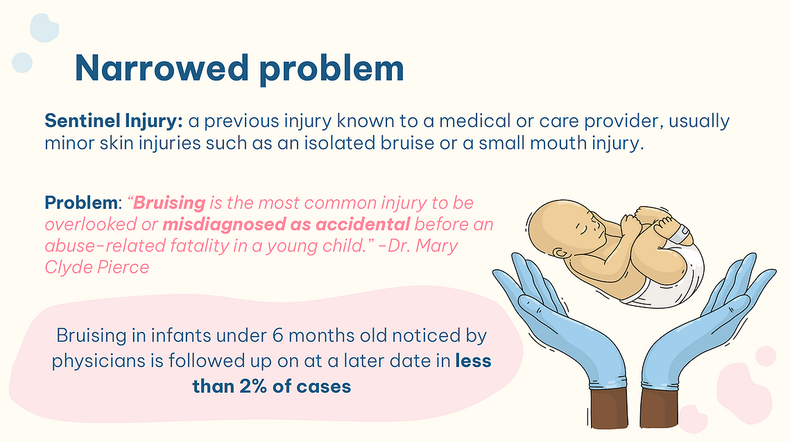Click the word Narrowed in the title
coord(162,68)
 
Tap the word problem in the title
coord(332,69)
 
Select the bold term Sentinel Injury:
coord(113,121)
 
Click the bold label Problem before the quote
coord(81,203)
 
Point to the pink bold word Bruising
coord(169,203)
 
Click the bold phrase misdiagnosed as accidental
coord(286,225)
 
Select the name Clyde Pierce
coord(96,267)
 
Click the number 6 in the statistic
coord(277,335)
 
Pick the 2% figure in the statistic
coord(253,386)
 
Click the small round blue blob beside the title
coord(22,63)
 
